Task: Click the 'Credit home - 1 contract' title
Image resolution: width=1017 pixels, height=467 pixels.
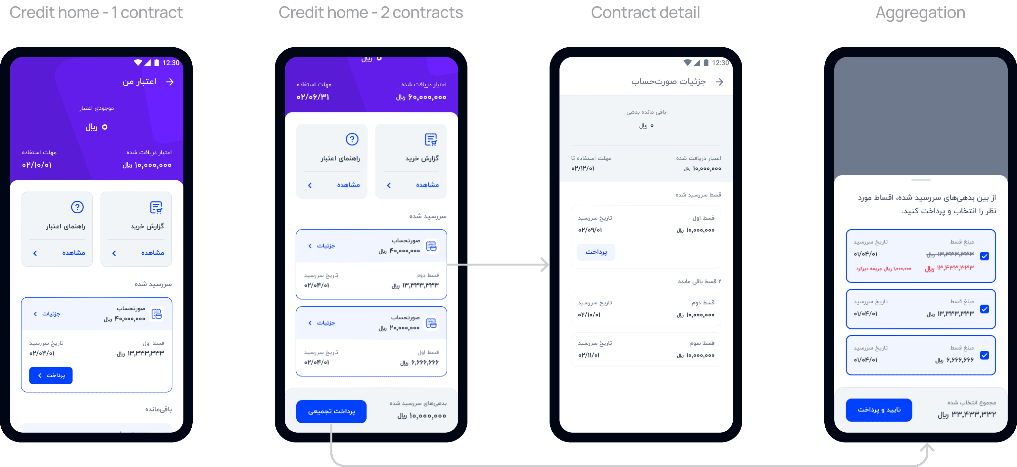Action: (96, 13)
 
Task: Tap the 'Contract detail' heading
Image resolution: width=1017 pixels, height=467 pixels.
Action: (645, 13)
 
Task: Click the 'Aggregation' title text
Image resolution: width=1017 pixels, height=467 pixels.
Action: (920, 13)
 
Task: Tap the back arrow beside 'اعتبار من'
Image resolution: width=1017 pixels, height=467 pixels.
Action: (170, 82)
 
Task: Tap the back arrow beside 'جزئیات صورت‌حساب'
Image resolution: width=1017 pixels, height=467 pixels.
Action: (719, 82)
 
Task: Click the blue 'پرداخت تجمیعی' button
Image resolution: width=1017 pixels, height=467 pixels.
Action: (331, 411)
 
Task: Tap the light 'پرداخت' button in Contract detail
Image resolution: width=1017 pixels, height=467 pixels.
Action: (596, 252)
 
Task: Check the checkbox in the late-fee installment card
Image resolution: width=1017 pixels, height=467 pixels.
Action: (985, 256)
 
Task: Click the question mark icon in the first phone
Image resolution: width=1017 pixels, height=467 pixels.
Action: (77, 207)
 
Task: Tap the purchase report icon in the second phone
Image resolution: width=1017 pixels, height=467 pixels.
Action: (431, 139)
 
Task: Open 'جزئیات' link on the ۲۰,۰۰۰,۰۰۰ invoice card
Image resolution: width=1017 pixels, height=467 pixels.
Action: (322, 323)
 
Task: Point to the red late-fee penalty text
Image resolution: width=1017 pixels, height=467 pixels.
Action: (884, 269)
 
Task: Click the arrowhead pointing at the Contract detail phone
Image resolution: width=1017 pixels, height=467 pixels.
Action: (545, 264)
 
